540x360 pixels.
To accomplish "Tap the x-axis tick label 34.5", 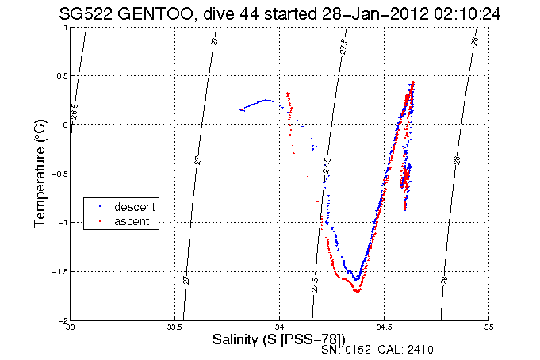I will tap(384, 327).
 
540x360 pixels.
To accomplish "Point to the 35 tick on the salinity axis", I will tap(488, 327).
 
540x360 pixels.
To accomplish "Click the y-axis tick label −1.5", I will tap(59, 271).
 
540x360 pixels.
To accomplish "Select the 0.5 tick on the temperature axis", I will tap(60, 76).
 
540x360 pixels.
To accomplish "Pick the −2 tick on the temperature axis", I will tap(62, 320).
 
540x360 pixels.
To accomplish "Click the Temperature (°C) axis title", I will tap(39, 174).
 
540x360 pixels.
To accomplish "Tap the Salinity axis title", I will tap(278, 339).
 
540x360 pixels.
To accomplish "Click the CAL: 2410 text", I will tap(407, 350).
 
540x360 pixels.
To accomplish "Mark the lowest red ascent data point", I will tap(357, 292).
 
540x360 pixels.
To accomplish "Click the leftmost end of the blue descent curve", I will tap(241, 109).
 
